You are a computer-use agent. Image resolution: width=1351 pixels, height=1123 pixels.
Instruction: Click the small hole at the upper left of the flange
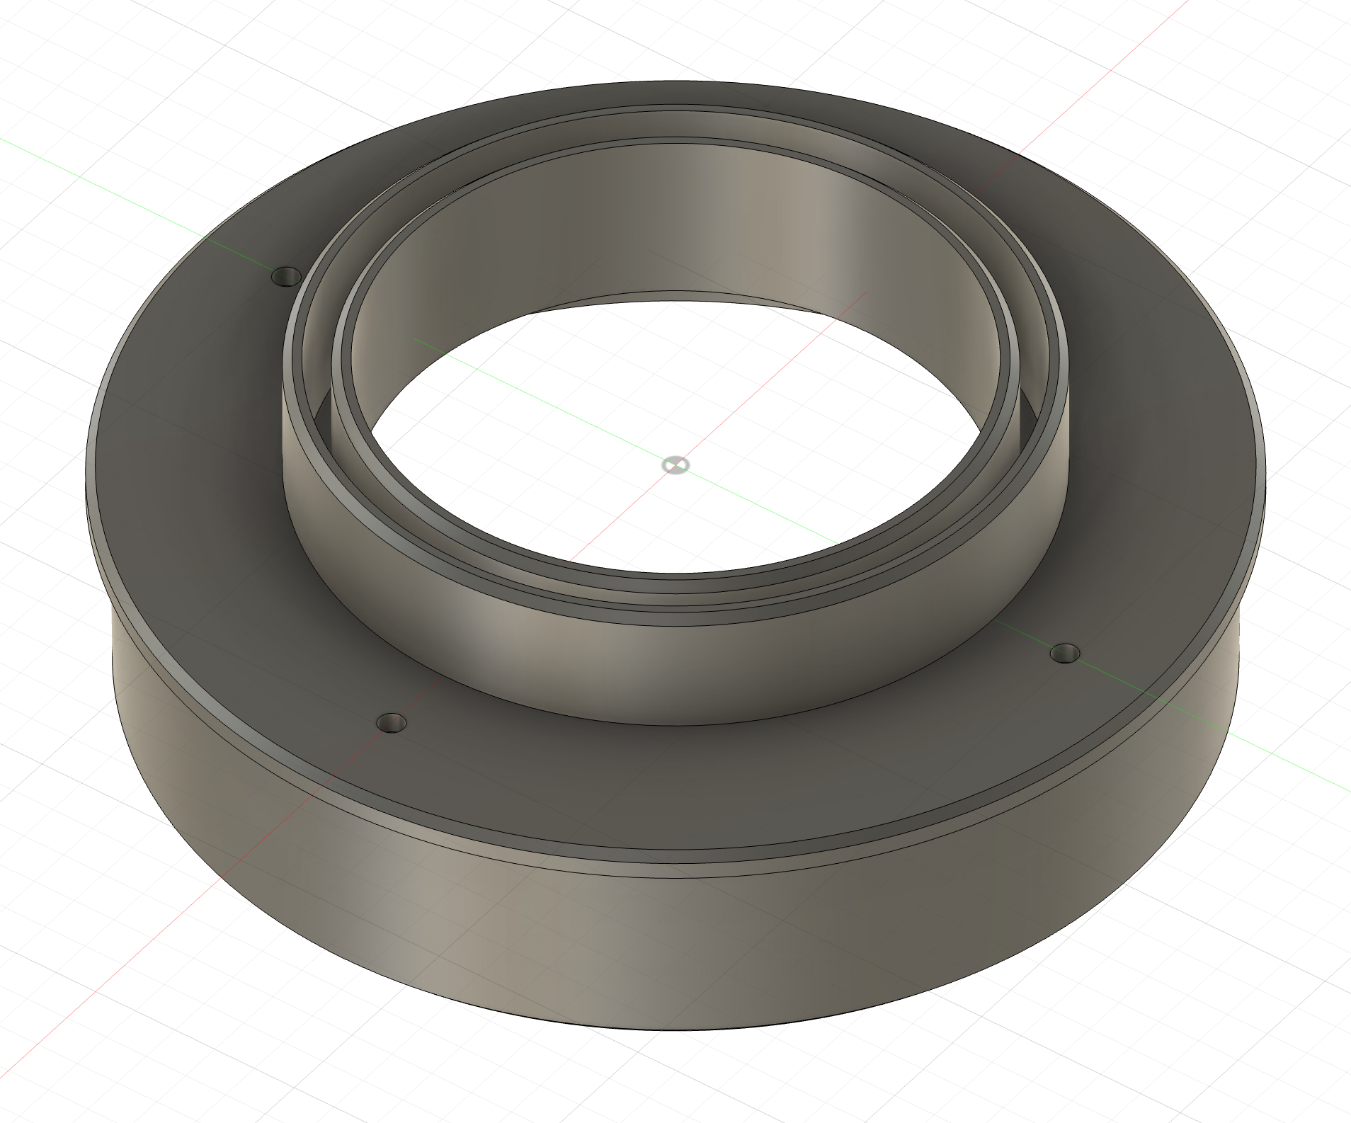287,275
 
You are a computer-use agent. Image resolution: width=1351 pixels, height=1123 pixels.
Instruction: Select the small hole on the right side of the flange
1064,653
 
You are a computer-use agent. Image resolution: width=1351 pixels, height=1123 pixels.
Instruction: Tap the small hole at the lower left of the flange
392,723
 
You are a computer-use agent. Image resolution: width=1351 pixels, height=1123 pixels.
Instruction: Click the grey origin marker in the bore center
675,465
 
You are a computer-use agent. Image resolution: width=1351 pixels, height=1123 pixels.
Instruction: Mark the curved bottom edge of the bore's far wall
673,301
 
